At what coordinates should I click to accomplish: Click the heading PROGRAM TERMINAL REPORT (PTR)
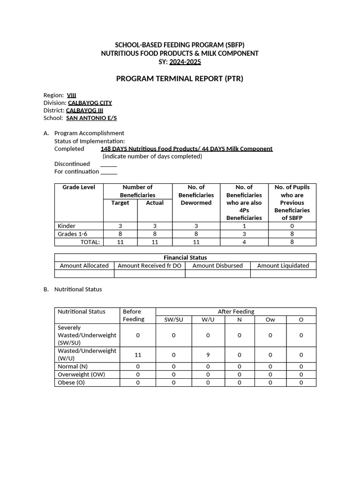pos(180,78)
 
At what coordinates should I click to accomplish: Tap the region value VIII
pos(72,95)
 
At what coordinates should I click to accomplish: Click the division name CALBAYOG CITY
pos(90,103)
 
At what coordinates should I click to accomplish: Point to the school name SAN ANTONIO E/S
pos(91,118)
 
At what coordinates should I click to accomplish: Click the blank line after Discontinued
pos(109,164)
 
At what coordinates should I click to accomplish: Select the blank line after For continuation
pos(109,172)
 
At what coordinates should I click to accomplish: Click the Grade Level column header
pos(79,187)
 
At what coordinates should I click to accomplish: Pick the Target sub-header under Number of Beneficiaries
pos(120,203)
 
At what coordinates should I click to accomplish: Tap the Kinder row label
pos(67,226)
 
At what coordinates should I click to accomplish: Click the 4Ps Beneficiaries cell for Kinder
pos(244,226)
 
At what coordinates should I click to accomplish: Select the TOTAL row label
pos(90,242)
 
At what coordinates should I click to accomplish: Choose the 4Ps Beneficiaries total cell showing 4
pos(244,242)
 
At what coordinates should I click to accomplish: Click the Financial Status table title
pos(185,257)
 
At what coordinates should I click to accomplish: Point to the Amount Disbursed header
pos(217,265)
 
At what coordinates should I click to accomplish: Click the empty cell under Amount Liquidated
pos(283,274)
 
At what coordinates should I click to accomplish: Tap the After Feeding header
pos(236,311)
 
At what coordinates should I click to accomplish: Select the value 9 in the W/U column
pos(208,355)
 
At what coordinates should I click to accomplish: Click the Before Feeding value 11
pos(138,355)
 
